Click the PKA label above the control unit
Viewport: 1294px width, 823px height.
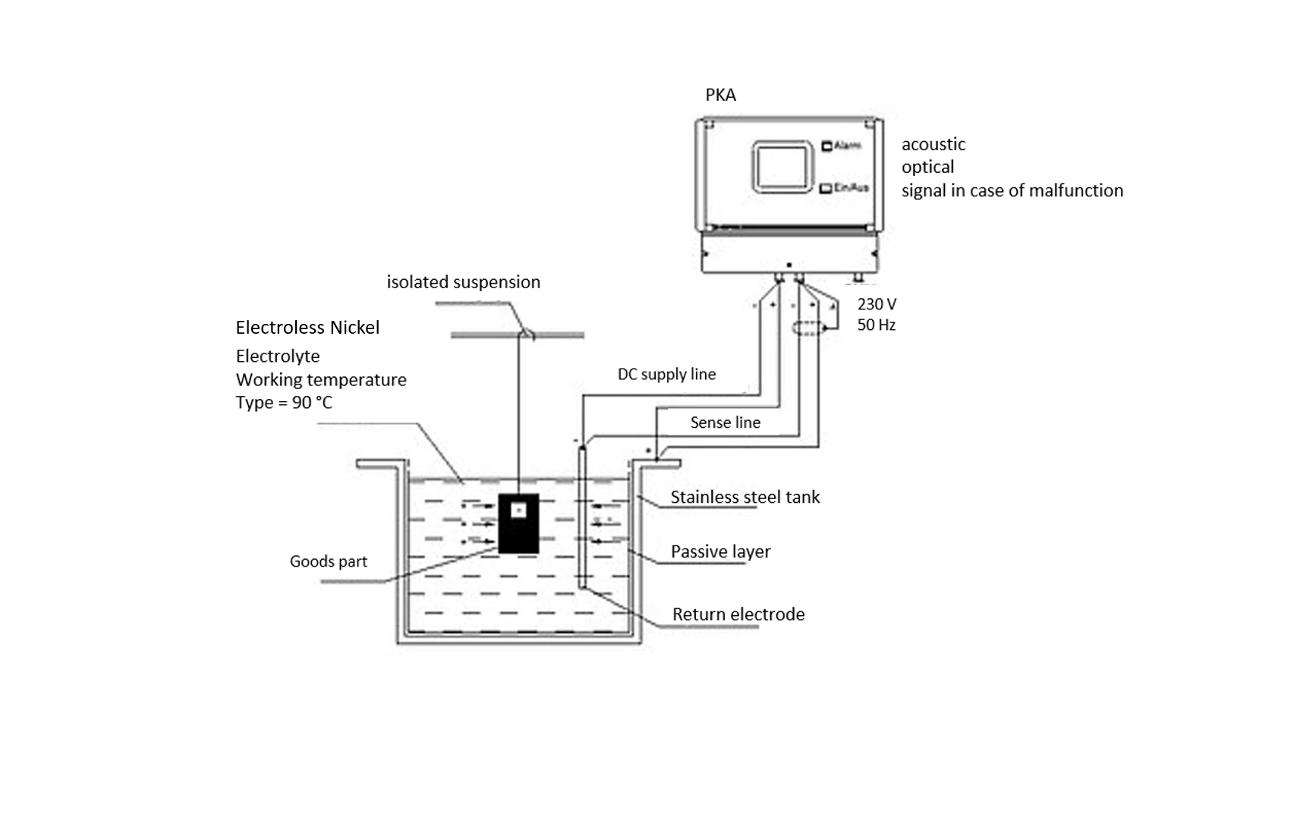720,95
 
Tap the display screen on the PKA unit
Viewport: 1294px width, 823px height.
781,167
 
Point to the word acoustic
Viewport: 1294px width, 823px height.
934,144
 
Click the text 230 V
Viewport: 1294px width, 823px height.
877,304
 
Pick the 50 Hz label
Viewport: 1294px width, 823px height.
877,325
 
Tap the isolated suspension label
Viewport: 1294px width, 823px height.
463,282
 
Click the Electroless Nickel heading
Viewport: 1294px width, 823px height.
307,328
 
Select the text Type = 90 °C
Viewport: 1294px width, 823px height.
284,403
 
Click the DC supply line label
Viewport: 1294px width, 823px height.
666,374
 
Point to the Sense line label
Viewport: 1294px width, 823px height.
725,422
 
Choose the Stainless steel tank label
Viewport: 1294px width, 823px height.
745,497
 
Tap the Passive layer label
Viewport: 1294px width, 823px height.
720,551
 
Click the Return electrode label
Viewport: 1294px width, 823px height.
738,614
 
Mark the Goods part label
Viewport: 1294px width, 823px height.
328,561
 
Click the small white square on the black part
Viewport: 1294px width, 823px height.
518,510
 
